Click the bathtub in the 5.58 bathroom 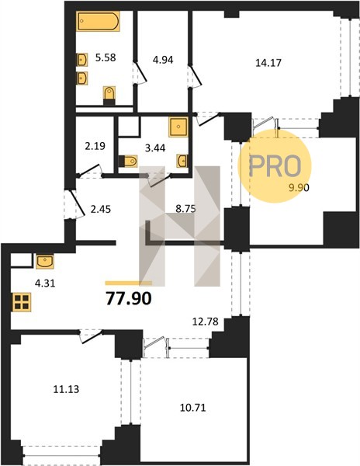(x=98, y=21)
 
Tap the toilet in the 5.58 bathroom (x=109, y=96)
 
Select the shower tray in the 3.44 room (x=178, y=127)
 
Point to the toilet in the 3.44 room (x=128, y=162)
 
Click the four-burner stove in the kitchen (x=22, y=302)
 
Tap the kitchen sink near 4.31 (x=45, y=262)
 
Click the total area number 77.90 (x=129, y=299)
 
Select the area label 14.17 (x=268, y=63)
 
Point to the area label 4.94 (x=163, y=60)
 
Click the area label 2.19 (x=95, y=146)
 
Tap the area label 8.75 (x=185, y=209)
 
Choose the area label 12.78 (x=206, y=322)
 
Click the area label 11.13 (x=66, y=389)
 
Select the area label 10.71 (x=193, y=408)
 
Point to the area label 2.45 (x=101, y=209)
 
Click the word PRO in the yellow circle (x=275, y=166)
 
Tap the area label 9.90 (x=299, y=187)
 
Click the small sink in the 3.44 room (x=182, y=161)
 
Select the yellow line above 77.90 (x=129, y=283)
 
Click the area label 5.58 (x=106, y=57)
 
